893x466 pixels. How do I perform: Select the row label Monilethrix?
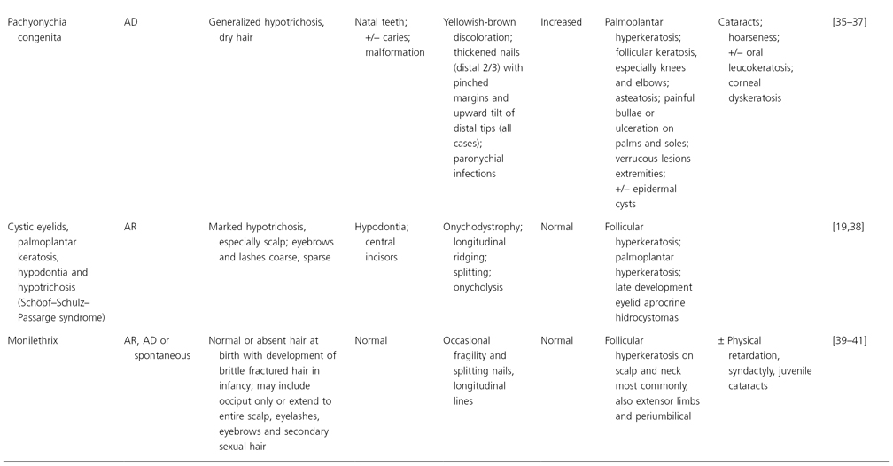(x=34, y=339)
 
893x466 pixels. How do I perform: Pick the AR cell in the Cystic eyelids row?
(x=131, y=226)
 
